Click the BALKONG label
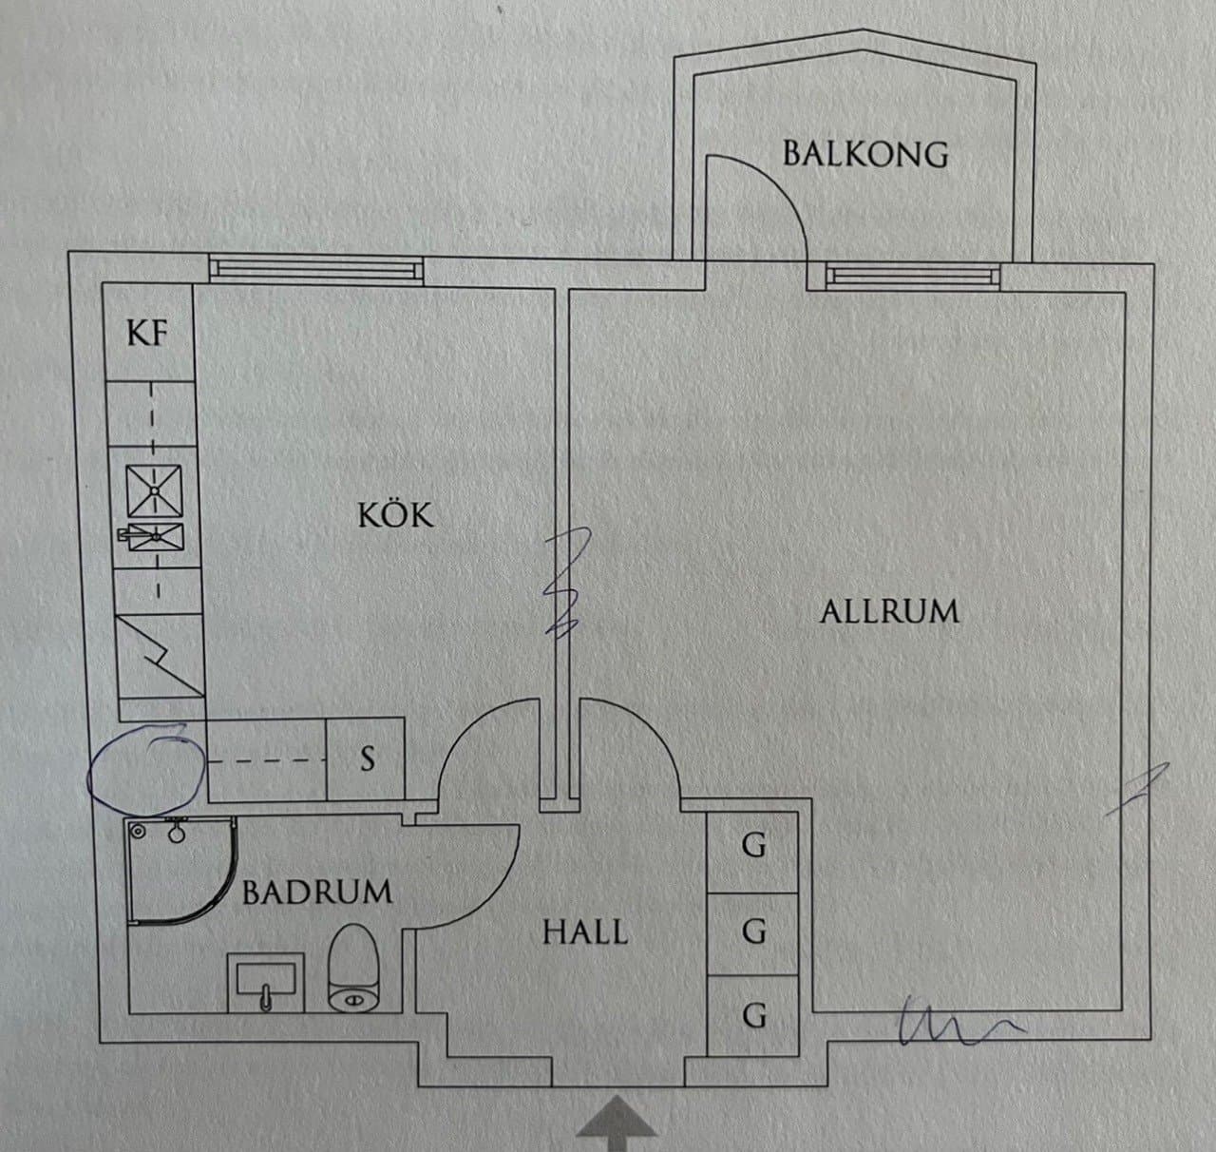point(865,154)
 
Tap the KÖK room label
point(395,515)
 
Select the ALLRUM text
point(889,611)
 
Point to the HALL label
point(585,931)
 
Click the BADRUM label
point(317,893)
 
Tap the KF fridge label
point(148,334)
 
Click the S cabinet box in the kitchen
point(366,758)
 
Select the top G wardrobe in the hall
point(753,844)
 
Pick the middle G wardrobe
point(753,931)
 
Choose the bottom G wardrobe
point(753,1015)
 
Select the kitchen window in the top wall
point(316,270)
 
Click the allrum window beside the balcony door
point(912,276)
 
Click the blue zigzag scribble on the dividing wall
point(566,583)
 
